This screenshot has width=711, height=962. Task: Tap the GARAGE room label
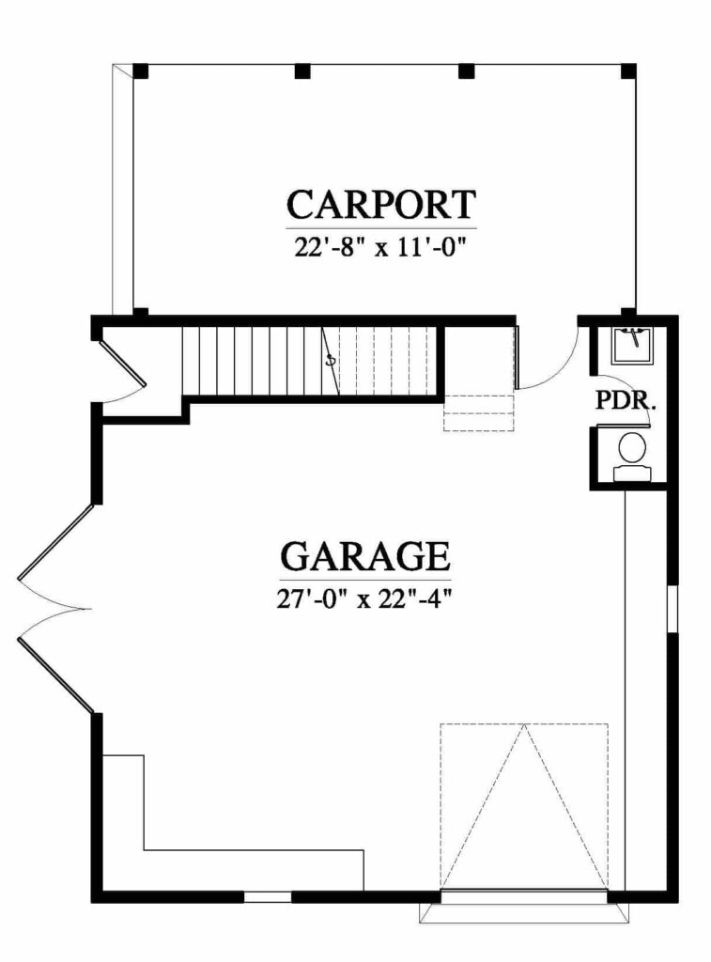(365, 556)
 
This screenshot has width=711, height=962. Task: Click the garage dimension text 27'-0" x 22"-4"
(364, 598)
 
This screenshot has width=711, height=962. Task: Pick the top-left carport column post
(141, 71)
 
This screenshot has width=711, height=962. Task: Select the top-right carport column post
(628, 71)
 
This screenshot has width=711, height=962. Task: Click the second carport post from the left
(301, 71)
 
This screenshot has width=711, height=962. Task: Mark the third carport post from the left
(466, 71)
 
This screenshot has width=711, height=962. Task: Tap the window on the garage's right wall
(672, 608)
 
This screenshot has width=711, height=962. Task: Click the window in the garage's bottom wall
(268, 896)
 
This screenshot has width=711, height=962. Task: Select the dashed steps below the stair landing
(478, 413)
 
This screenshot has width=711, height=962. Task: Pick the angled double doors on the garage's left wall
(55, 609)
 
